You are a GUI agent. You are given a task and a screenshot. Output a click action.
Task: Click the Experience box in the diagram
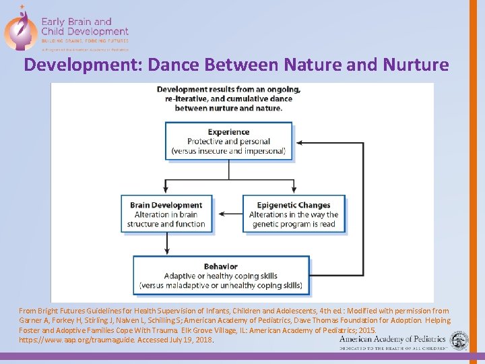point(228,142)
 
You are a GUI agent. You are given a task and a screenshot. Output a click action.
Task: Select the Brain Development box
point(166,214)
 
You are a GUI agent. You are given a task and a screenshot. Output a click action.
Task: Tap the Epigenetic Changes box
point(294,214)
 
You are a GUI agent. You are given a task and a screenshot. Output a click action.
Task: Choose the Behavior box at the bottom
point(221,276)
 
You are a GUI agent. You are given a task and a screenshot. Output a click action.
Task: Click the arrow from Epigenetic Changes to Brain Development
point(228,214)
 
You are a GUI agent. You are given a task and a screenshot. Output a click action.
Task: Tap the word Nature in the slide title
point(315,65)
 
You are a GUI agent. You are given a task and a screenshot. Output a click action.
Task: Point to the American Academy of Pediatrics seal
point(460,340)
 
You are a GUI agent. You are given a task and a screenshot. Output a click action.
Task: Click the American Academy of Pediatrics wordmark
point(392,340)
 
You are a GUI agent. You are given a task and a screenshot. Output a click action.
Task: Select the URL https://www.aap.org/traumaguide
point(77,340)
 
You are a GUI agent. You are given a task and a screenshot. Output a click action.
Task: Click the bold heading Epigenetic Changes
point(294,205)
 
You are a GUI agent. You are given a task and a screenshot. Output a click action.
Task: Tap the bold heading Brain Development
point(166,205)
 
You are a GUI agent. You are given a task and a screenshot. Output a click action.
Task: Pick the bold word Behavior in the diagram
point(221,267)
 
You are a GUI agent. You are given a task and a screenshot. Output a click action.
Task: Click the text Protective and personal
point(228,142)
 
